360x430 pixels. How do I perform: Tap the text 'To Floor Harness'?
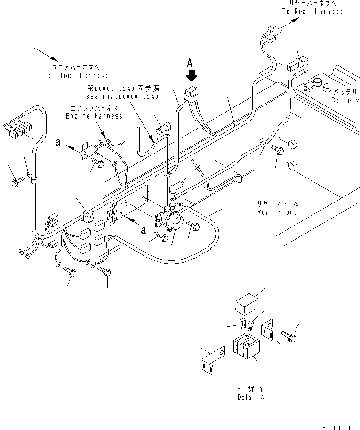point(75,75)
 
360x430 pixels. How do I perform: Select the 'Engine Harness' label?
point(94,116)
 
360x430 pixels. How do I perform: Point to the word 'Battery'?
point(345,100)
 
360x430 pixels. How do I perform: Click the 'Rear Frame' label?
point(277,212)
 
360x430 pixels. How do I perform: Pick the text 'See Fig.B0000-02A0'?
point(122,97)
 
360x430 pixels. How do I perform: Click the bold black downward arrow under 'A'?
point(191,75)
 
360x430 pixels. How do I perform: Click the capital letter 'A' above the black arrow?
point(190,62)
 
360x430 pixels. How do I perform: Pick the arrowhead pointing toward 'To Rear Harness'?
point(296,20)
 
